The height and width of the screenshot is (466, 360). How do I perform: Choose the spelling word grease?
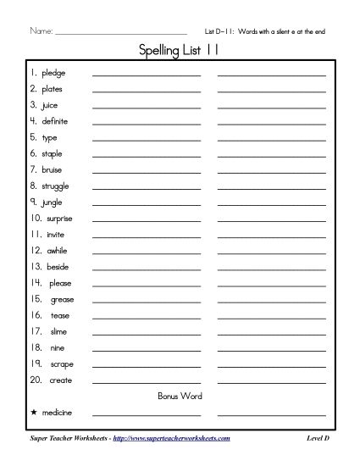coord(63,299)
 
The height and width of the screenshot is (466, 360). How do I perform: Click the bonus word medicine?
coord(54,413)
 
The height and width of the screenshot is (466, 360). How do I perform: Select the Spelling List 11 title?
coord(179,52)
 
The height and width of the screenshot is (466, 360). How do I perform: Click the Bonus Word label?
coord(180,396)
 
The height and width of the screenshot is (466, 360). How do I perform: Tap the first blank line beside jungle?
coord(146,204)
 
